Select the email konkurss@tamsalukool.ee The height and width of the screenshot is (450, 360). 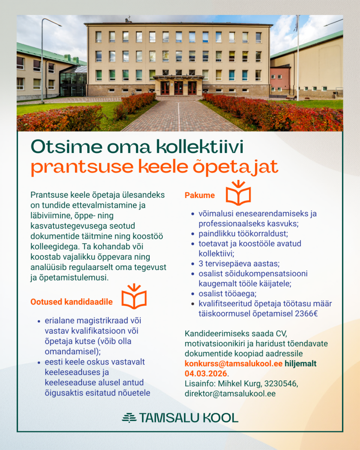point(234,364)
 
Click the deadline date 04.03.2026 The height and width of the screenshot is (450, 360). point(206,373)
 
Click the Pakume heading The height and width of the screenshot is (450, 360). point(200,195)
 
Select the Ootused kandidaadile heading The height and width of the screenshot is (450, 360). point(71,302)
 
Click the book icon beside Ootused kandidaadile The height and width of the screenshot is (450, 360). point(134,297)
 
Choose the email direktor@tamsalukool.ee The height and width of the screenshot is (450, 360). point(230,394)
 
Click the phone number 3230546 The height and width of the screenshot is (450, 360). point(281,384)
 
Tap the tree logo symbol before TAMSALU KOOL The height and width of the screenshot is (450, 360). point(129,418)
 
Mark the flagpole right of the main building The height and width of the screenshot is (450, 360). point(298,56)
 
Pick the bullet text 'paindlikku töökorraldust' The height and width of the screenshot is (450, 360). point(243,234)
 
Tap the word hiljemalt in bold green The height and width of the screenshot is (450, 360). point(301,364)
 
